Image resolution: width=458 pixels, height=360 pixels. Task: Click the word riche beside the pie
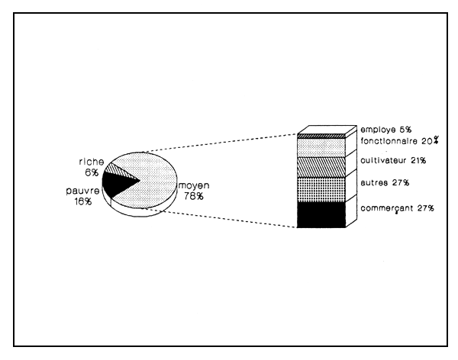(87, 162)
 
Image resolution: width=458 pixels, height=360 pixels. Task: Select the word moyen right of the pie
(194, 185)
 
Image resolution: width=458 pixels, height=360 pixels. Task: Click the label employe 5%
(385, 130)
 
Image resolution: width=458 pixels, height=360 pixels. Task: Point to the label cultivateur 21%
(393, 161)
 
